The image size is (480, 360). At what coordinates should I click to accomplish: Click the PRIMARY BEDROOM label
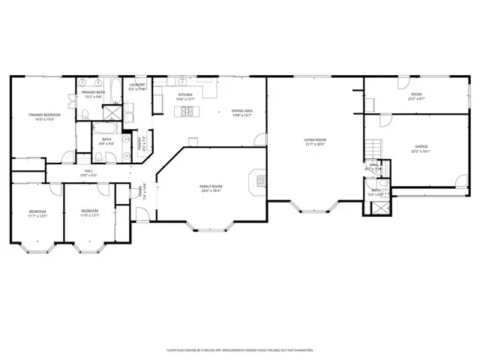coord(44,115)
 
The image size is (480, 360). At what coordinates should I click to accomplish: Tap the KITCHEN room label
coord(184,95)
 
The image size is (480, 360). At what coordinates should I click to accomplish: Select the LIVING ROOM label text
coord(315,139)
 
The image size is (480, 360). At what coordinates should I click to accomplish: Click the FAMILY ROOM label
coord(211,186)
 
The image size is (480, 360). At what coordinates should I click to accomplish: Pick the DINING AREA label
coord(242,111)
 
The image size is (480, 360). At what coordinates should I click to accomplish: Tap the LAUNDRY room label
coord(137,85)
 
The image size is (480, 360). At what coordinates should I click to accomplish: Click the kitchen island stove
coord(186,112)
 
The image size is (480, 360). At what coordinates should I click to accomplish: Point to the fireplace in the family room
coord(259,180)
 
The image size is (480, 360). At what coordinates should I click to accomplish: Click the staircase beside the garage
coord(373,148)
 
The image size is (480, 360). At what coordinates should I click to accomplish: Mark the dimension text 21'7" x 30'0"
coord(315,145)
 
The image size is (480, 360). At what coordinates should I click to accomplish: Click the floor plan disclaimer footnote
coord(239,349)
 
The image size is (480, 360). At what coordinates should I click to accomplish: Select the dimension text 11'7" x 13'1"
coord(37,217)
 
